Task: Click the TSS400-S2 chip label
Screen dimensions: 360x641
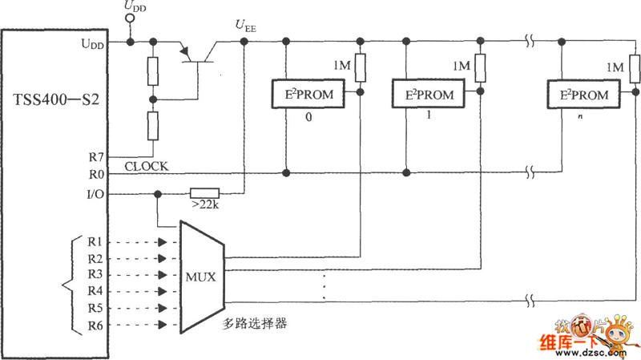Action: coord(56,101)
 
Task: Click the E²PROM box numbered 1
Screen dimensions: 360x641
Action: coord(429,95)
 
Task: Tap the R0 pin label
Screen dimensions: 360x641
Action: coord(96,173)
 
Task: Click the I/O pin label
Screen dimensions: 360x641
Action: coord(95,193)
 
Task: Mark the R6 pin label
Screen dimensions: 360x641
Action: coord(95,325)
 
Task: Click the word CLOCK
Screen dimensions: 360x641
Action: coord(147,166)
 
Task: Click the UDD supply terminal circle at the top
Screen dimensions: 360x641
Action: coord(130,17)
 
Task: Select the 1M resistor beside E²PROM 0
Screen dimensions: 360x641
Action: coord(361,68)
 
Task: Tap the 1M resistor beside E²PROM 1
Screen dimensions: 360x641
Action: coord(480,68)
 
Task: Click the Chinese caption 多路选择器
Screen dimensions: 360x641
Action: coord(255,325)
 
